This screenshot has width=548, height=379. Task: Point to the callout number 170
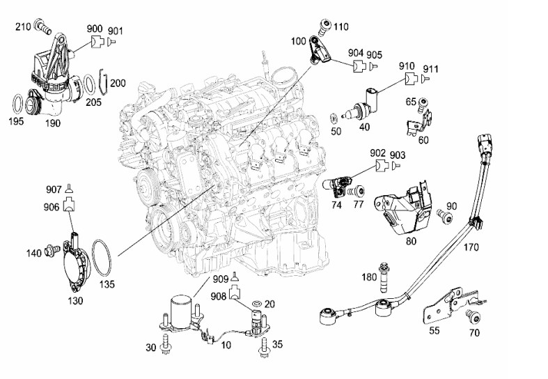(471, 246)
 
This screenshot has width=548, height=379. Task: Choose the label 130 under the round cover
(75, 300)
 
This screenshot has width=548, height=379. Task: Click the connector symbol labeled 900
(97, 42)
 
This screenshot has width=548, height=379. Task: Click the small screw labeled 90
(447, 218)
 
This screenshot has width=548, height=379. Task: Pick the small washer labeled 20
(257, 304)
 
